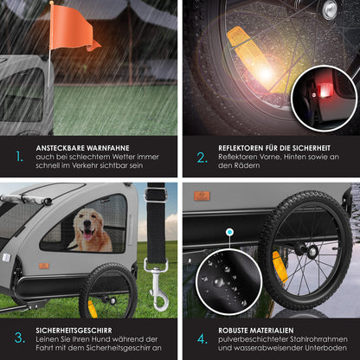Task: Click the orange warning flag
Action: coord(72,29)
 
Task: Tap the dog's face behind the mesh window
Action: coord(87,226)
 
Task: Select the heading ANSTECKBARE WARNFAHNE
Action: coord(83,148)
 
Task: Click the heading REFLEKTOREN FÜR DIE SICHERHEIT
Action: coord(274,148)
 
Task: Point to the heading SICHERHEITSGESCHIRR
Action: coord(74,331)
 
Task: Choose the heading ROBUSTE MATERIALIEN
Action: coord(256,331)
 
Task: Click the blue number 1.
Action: coord(20,157)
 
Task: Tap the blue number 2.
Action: coord(202,157)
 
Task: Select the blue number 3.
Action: coord(20,338)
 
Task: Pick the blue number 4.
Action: coord(202,339)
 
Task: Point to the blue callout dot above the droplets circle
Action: coord(229,232)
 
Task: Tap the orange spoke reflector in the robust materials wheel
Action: coord(280,267)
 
